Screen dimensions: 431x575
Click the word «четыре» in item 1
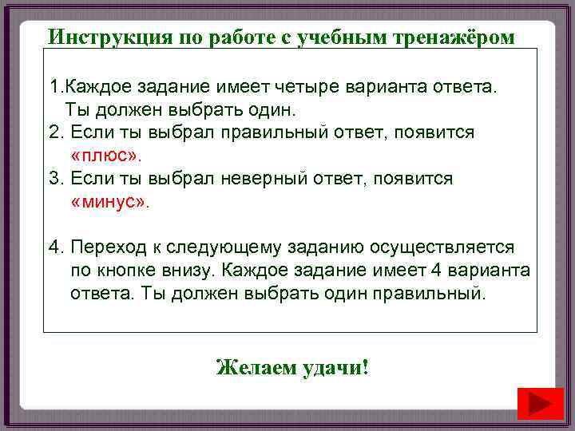pos(302,85)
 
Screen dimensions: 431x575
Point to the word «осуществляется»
pos(438,247)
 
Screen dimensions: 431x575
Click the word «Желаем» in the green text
pos(256,368)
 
